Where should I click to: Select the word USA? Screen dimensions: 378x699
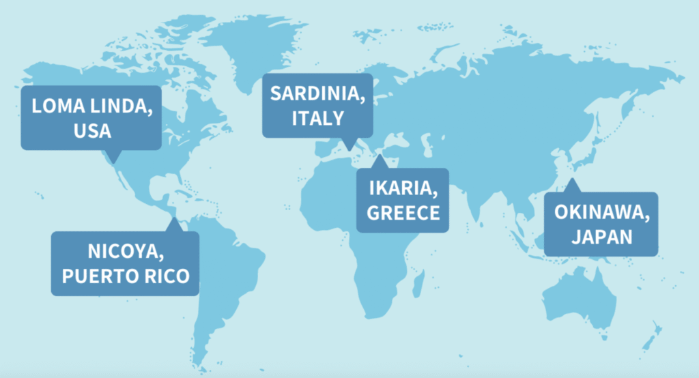[x=91, y=130]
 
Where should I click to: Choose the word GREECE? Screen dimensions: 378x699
[x=403, y=212]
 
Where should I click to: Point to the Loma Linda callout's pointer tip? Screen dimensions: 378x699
[x=113, y=162]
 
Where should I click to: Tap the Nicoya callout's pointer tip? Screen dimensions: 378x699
[x=175, y=220]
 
